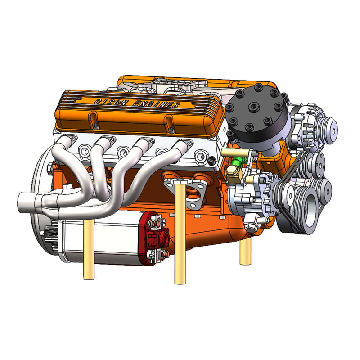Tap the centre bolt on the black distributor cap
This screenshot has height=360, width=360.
pos(255,108)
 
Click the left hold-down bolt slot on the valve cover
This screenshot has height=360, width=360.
pos(93,119)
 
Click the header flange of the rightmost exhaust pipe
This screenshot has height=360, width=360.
pos(183,144)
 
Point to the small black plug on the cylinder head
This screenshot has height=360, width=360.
pos(211,160)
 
